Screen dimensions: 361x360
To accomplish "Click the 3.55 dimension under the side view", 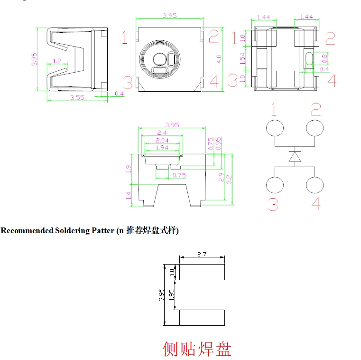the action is tap(77, 97).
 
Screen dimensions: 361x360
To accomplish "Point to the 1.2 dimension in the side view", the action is tap(57, 61).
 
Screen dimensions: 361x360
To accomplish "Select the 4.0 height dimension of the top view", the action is tap(219, 59).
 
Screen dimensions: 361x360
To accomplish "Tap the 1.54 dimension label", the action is tap(242, 59).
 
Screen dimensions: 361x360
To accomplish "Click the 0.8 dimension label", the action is tap(324, 58).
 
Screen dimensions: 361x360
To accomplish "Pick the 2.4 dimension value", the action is tap(162, 133).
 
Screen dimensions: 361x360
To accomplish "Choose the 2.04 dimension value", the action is tap(162, 141).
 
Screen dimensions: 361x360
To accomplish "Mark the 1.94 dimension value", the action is tap(162, 148).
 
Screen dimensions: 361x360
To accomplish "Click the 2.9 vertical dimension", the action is tap(221, 177).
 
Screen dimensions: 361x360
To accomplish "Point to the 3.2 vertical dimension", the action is tap(229, 180).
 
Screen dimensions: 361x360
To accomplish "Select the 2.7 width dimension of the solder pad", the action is tap(202, 254).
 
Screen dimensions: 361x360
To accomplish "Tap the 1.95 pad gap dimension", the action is tap(172, 295).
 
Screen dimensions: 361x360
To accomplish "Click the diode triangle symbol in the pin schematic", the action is tap(295, 157).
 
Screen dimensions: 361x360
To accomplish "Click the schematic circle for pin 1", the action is tap(275, 128).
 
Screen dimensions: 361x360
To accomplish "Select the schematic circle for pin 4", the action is tap(315, 185).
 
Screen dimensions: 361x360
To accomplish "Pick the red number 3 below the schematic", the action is tap(273, 204).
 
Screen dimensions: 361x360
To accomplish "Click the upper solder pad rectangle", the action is tap(202, 272).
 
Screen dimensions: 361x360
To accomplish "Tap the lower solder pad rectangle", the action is tap(202, 318).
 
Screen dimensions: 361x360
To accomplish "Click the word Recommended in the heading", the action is tap(27, 230).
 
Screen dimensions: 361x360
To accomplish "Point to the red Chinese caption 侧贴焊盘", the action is tap(197, 349).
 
